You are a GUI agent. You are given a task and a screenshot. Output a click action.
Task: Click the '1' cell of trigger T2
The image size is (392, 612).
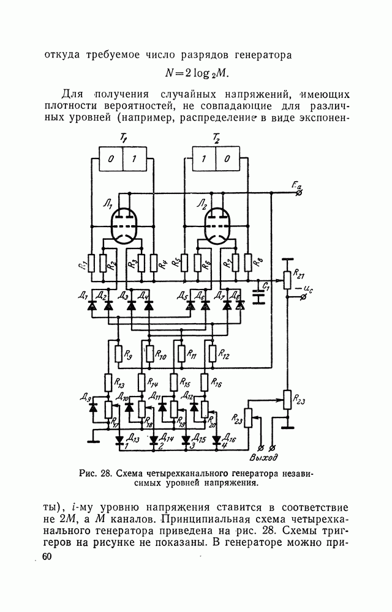click(x=203, y=160)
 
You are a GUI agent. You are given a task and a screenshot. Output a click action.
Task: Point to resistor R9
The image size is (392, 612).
click(x=118, y=354)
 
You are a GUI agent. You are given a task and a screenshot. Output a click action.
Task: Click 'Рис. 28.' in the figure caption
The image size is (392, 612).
click(x=96, y=472)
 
